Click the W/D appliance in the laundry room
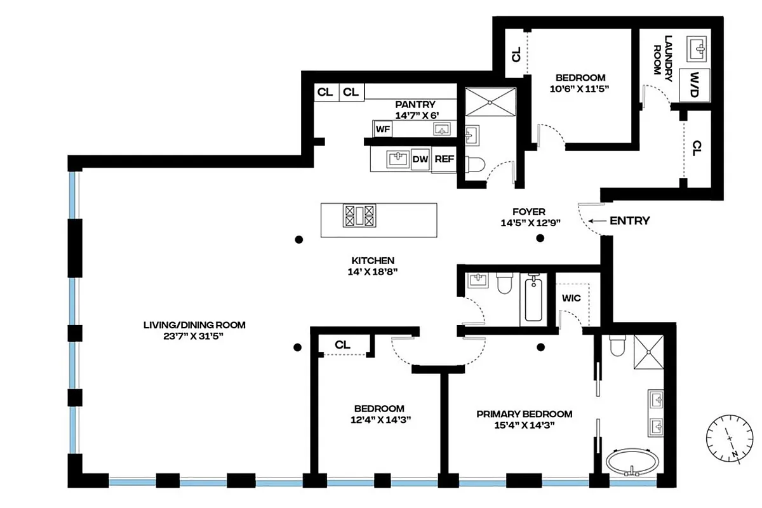[695, 84]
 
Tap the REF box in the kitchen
[444, 159]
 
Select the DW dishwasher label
[420, 159]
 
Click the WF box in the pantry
[382, 129]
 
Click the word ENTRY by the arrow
[629, 221]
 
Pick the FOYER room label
[529, 212]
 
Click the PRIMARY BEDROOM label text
[525, 414]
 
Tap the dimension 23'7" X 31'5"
[194, 337]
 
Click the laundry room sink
[698, 46]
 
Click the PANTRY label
[415, 105]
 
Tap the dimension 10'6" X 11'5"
[580, 90]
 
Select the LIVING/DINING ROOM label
[194, 325]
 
